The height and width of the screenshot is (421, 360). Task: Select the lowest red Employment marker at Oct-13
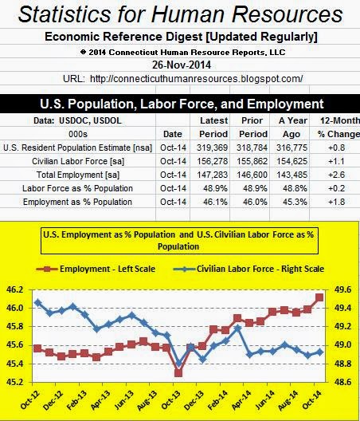click(x=178, y=372)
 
